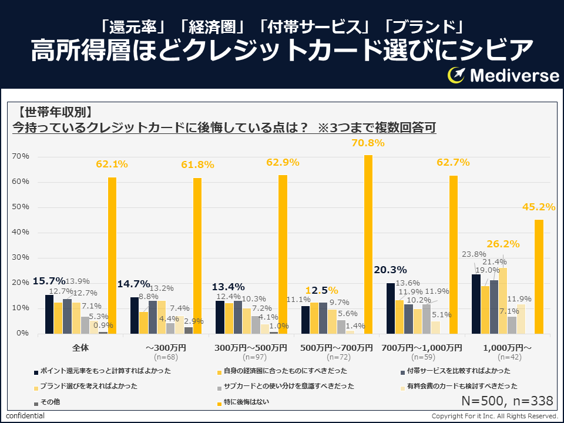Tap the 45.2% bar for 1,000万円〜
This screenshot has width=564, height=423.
click(539, 276)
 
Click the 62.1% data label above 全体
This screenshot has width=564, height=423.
click(112, 164)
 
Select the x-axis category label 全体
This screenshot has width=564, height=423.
click(80, 348)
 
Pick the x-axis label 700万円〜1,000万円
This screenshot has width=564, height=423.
click(421, 348)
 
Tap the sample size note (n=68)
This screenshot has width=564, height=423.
click(166, 357)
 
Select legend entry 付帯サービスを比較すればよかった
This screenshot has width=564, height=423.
click(459, 371)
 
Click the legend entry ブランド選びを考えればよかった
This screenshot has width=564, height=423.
click(88, 387)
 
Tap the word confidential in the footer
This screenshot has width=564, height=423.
click(25, 416)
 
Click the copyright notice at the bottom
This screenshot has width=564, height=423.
click(494, 416)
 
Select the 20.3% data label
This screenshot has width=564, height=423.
click(391, 270)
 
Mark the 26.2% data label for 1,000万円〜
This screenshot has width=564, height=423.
click(502, 244)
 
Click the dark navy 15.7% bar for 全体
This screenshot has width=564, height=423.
click(49, 314)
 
